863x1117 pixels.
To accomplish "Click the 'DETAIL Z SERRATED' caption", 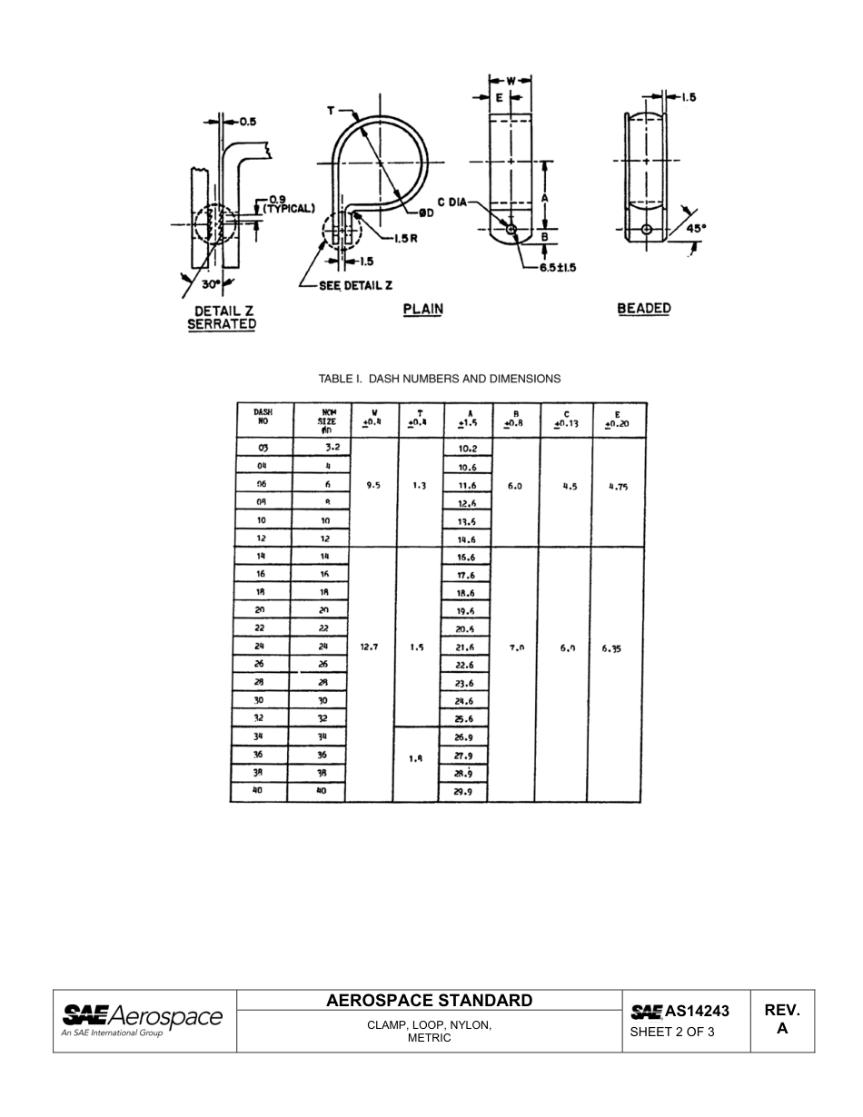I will (222, 318).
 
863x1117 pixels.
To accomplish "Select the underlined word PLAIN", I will (422, 309).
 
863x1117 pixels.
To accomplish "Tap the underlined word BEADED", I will (643, 309).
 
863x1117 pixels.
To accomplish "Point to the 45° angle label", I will (695, 230).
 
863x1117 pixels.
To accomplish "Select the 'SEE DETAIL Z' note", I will (354, 285).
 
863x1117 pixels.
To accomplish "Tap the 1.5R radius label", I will (405, 239).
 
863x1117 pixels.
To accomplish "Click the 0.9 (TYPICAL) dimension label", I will (288, 203).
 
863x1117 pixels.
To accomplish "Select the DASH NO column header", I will (262, 417).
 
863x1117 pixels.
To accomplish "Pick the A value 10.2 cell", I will (467, 449).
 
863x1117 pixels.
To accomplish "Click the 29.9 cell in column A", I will (464, 792).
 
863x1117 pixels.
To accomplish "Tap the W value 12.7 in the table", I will (370, 647).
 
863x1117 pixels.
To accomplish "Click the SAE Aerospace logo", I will (142, 1018).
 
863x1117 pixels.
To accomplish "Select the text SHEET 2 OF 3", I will (672, 1032).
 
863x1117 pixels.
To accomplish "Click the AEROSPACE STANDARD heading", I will (430, 1001).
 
